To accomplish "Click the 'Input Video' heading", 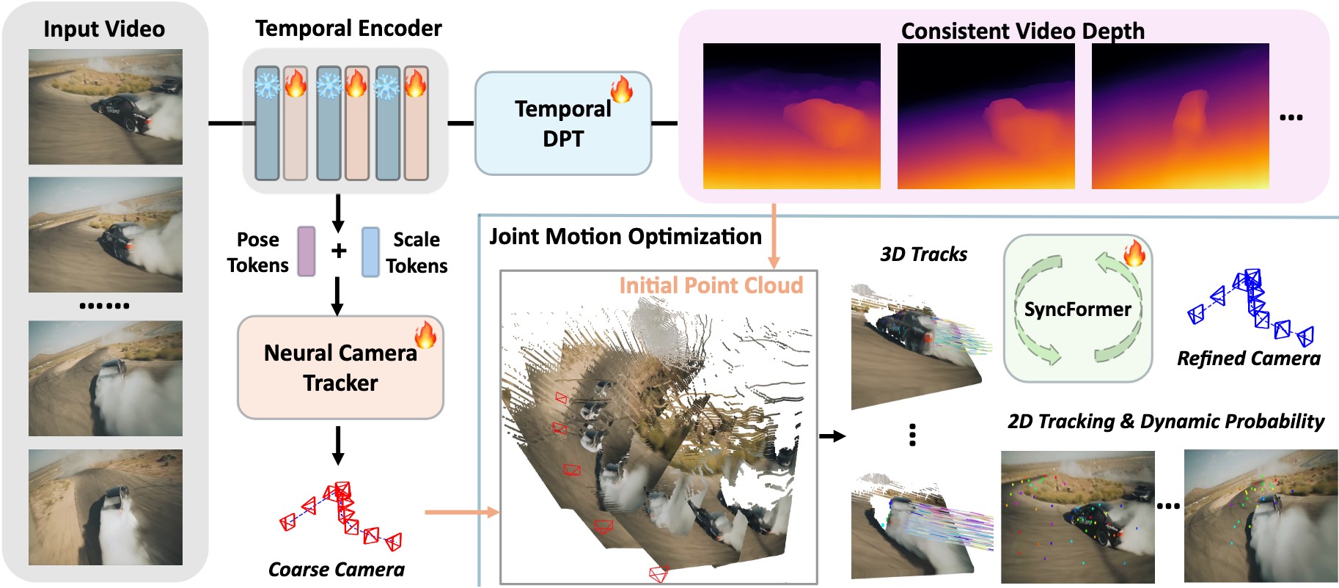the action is pos(104,29).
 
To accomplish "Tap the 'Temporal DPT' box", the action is pos(563,123).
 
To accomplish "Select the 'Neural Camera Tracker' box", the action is pos(340,367).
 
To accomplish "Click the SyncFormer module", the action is pos(1077,309).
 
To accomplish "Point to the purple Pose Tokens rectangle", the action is pos(307,251).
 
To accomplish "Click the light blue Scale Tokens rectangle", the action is pos(370,251).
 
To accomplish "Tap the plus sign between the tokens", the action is pos(339,251).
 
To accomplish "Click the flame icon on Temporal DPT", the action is pos(622,89).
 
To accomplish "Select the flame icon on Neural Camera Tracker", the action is pos(425,334).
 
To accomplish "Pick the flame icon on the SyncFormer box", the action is pos(1134,252).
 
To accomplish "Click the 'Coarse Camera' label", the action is pos(337,570).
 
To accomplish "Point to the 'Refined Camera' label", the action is pos(1249,359).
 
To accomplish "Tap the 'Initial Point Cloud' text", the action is pos(711,285).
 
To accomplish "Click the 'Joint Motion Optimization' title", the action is pos(626,237).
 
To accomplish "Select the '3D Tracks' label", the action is pos(923,254).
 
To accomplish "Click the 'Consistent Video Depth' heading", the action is pos(1022,31).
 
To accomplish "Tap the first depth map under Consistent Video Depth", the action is pos(792,116).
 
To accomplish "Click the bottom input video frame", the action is pos(106,507).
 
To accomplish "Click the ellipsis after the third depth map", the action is pos(1291,117).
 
